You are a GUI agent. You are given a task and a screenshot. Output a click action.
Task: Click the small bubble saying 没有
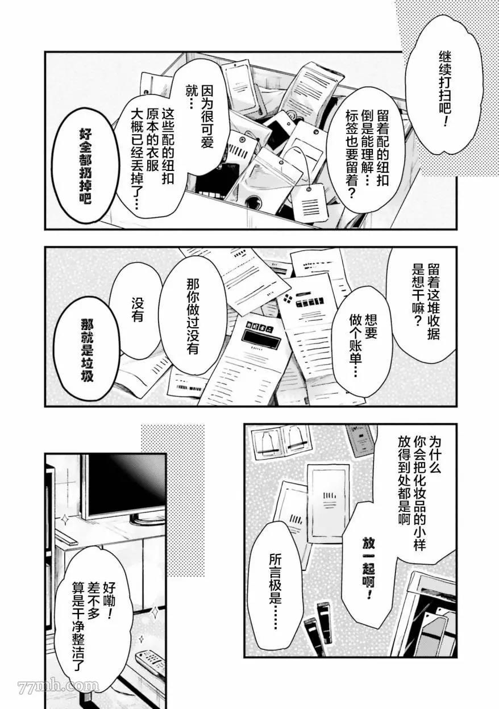pyautogui.click(x=137, y=311)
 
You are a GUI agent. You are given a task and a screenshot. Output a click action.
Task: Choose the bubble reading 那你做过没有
pyautogui.click(x=193, y=316)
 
